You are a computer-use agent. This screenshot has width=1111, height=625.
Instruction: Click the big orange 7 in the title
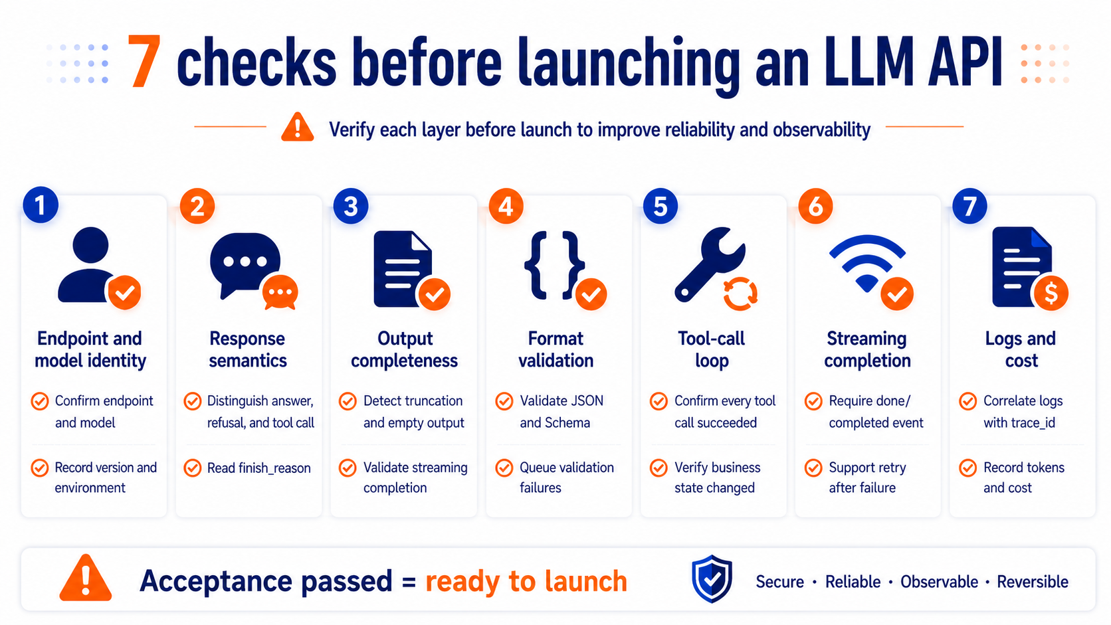[144, 61]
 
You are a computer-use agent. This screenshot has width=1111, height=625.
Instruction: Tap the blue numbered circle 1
[41, 205]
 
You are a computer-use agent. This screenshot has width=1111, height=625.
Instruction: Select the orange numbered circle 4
[506, 206]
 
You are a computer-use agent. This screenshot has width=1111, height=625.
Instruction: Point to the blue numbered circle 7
[969, 206]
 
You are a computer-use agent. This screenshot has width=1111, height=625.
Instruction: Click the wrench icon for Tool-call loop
[709, 264]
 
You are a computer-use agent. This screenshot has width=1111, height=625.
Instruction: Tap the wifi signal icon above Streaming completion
[867, 263]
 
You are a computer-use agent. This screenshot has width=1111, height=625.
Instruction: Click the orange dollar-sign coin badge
[1051, 294]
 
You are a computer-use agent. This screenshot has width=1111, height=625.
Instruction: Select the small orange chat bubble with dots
[280, 292]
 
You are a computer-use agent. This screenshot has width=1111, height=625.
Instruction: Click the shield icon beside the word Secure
[712, 579]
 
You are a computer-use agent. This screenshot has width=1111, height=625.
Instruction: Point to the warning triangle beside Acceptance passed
[85, 578]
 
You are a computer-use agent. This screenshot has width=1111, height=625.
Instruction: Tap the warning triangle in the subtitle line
[297, 128]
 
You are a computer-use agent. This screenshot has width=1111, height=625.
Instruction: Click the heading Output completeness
[404, 349]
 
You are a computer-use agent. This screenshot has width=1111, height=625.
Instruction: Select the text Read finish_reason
[259, 468]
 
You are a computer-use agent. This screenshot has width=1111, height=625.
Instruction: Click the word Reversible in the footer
[1033, 581]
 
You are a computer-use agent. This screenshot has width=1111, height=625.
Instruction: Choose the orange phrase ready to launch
[526, 581]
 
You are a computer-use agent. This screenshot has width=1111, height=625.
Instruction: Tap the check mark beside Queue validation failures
[504, 468]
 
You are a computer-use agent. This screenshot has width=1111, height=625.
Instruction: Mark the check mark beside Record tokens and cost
[967, 468]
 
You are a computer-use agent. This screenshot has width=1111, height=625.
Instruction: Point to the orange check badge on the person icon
[124, 292]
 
